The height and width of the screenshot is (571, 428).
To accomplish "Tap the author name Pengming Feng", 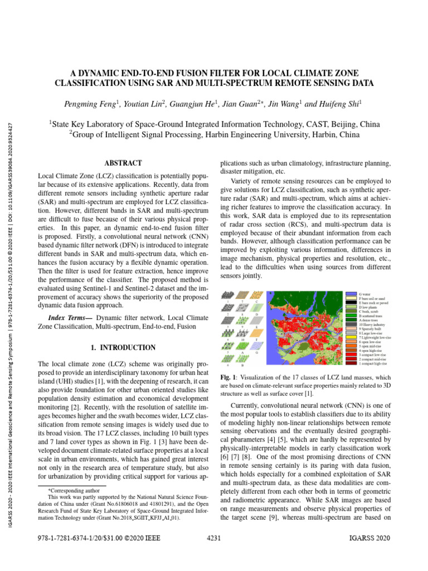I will [x=91, y=104].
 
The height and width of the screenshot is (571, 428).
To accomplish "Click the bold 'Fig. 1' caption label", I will [x=228, y=376].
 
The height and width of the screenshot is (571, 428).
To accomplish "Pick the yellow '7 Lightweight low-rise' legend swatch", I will [x=351, y=337].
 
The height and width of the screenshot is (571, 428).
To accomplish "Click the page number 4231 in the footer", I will [x=214, y=539].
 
